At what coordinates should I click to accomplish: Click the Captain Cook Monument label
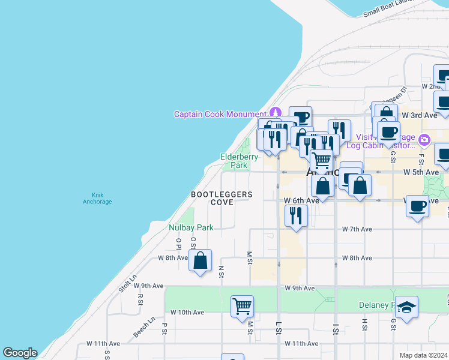point(220,114)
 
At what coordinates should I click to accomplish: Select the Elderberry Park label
point(239,161)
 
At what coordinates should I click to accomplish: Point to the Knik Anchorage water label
point(97,198)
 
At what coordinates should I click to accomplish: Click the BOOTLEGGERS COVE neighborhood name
point(221,199)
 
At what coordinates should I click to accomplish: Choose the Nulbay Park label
point(191,227)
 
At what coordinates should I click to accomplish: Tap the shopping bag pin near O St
point(200,261)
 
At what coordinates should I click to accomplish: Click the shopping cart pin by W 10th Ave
point(242,306)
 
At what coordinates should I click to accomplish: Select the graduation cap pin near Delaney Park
point(406,307)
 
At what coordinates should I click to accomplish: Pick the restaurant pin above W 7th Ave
point(295,215)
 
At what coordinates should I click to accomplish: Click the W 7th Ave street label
point(357,229)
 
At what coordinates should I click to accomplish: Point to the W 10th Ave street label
point(187,313)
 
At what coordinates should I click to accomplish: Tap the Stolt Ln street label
point(127,283)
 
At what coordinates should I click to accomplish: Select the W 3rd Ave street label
point(420,115)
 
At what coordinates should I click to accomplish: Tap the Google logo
point(20,353)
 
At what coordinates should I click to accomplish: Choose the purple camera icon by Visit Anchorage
point(424,140)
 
